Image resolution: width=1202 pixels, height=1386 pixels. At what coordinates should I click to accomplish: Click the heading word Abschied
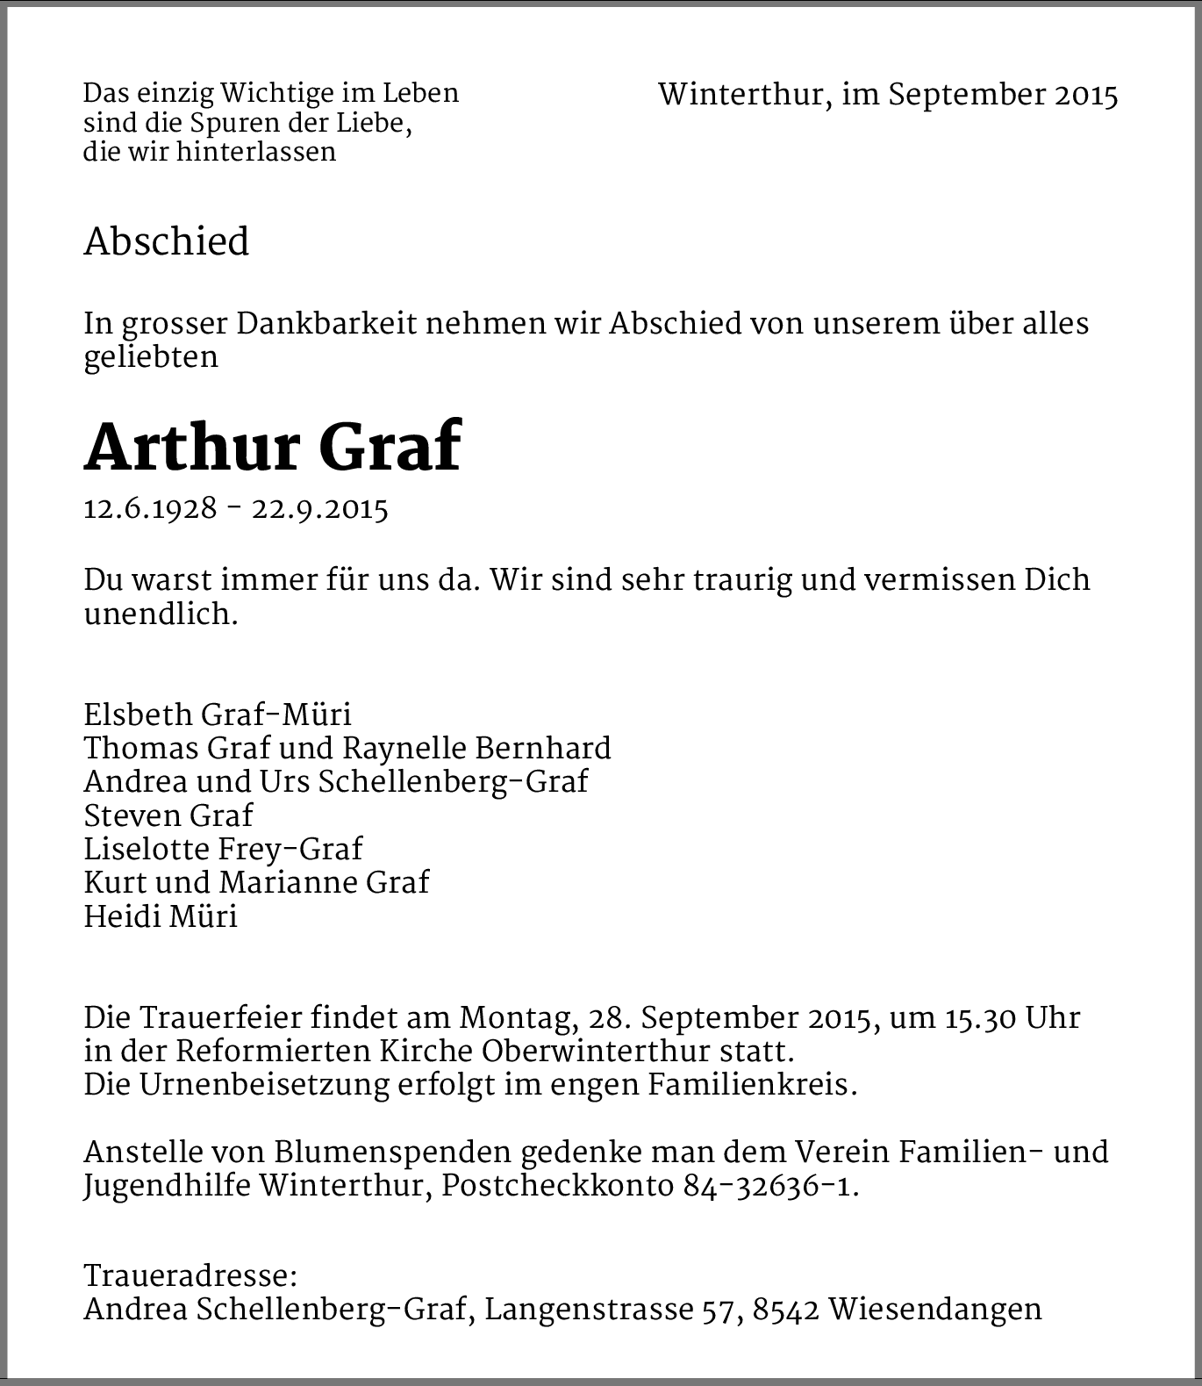(167, 241)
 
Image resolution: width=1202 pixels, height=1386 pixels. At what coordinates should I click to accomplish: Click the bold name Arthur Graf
(272, 448)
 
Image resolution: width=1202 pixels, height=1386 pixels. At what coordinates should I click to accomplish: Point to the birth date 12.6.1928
(150, 508)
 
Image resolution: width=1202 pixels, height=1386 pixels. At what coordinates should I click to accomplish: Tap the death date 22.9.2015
(320, 508)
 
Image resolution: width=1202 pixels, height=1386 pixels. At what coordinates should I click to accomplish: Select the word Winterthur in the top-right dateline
(741, 95)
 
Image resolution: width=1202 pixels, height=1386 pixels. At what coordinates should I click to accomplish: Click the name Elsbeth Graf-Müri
(218, 715)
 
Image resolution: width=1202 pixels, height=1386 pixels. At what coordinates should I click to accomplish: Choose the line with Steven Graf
(168, 815)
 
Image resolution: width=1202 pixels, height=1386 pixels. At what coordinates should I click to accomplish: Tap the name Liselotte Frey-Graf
(223, 849)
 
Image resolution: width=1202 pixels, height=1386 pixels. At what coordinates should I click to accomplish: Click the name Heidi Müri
(161, 916)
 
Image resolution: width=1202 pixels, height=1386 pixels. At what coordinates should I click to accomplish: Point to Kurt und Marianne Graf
(256, 882)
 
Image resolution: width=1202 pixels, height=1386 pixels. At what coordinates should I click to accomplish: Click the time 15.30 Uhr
(1012, 1018)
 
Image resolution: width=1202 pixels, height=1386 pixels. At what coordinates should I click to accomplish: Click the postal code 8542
(786, 1309)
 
